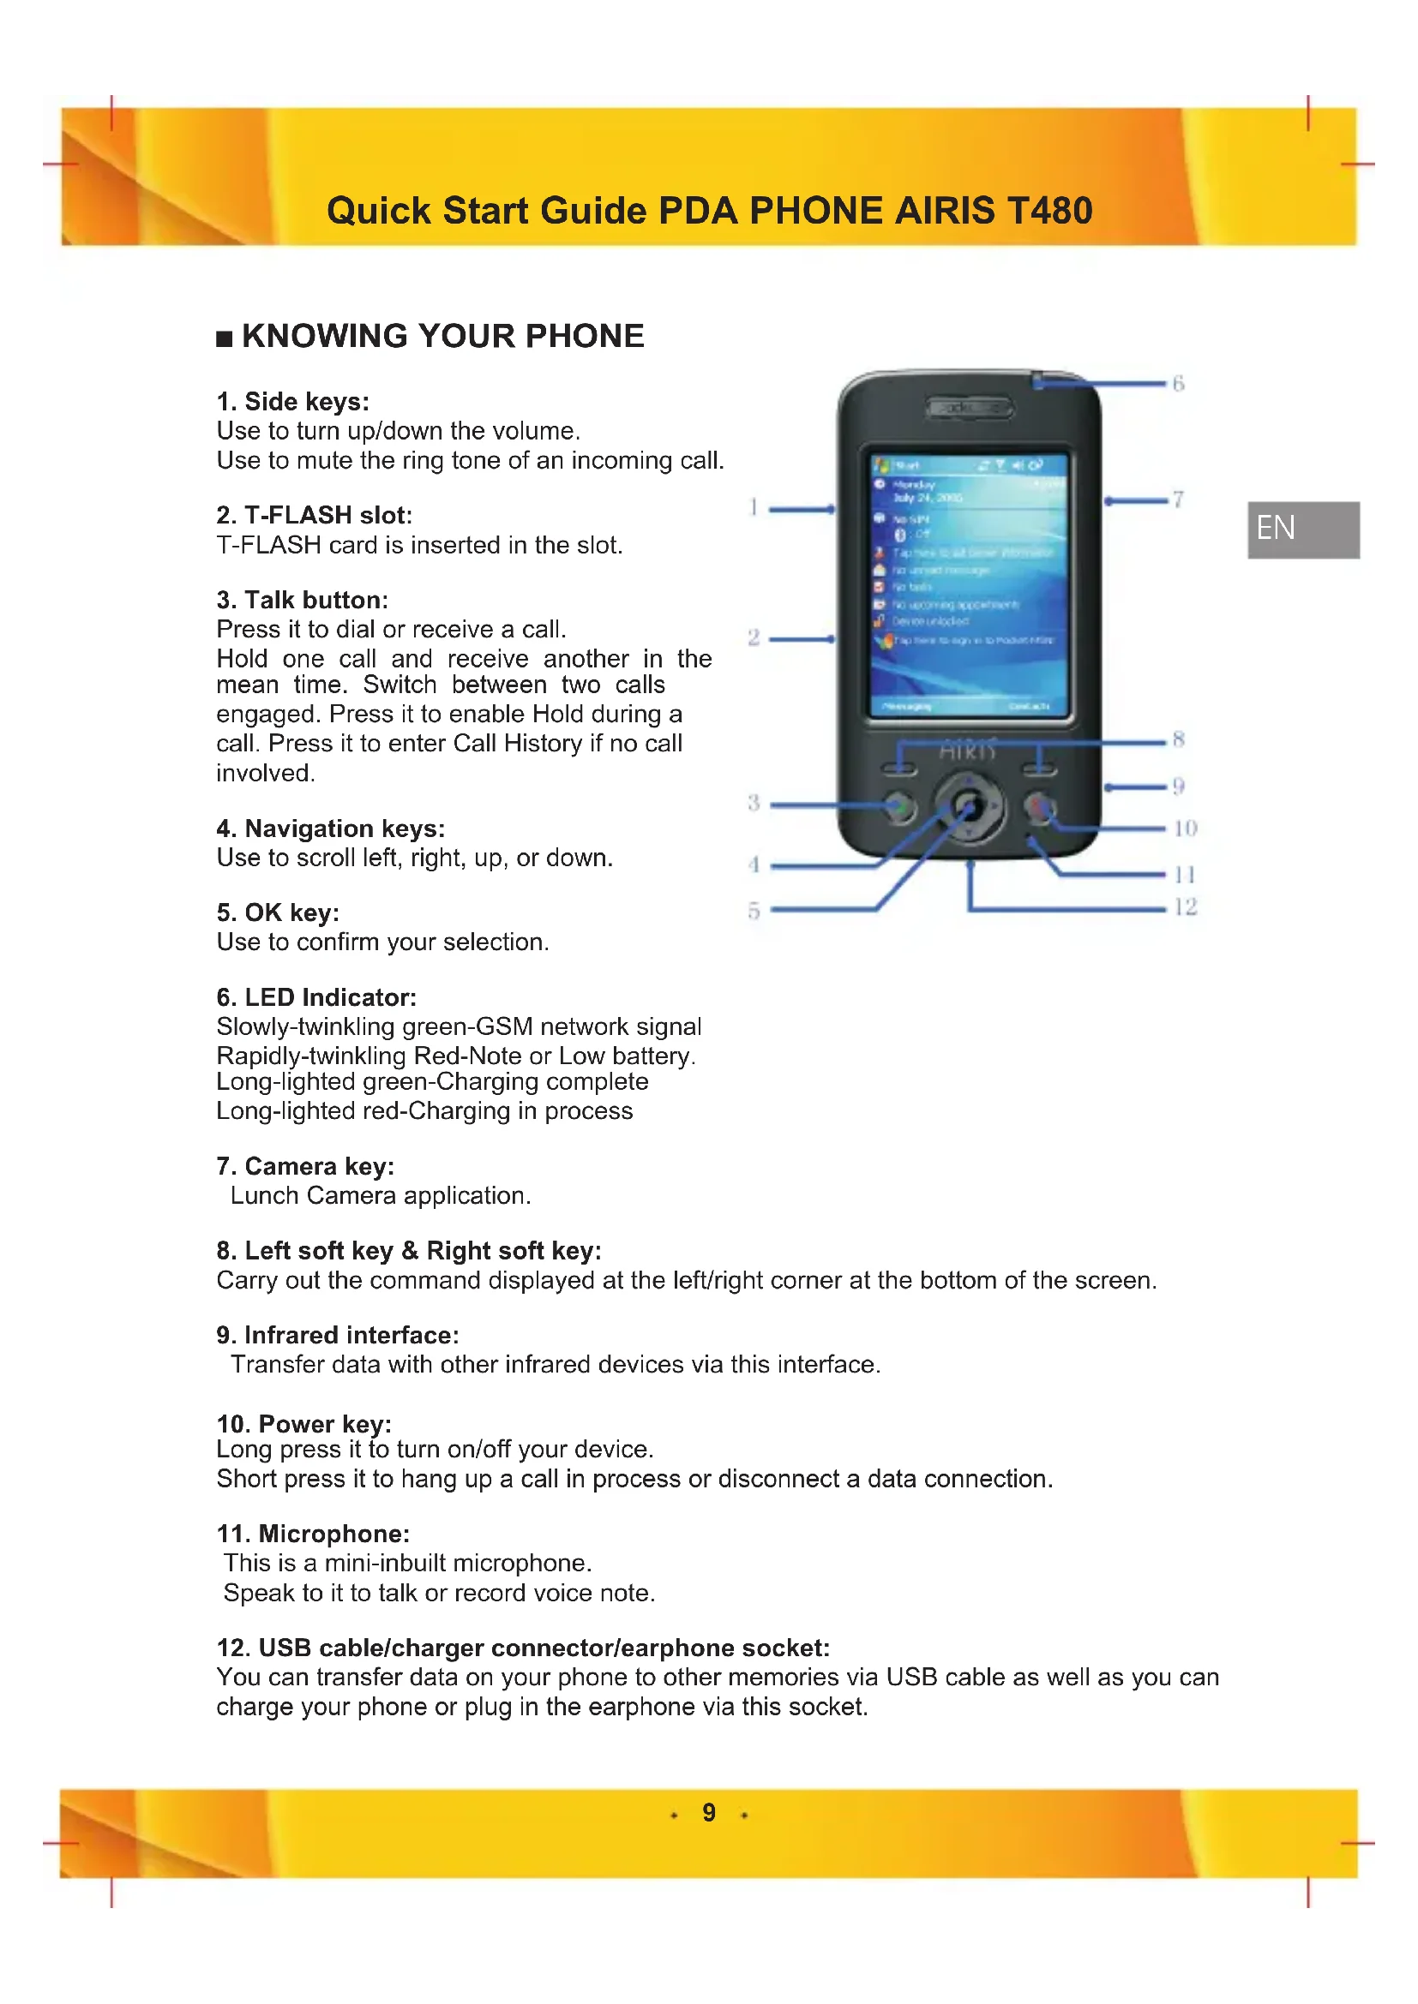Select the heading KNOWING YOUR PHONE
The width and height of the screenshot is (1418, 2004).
pyautogui.click(x=442, y=336)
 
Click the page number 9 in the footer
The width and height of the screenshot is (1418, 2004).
pyautogui.click(x=709, y=1813)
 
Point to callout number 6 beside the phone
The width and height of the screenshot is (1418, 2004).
pyautogui.click(x=1178, y=383)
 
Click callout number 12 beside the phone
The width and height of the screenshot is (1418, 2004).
pyautogui.click(x=1185, y=906)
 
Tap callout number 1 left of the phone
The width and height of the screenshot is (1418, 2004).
pyautogui.click(x=753, y=507)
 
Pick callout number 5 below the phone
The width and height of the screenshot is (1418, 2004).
pyautogui.click(x=754, y=911)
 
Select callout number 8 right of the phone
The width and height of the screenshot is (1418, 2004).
pyautogui.click(x=1179, y=739)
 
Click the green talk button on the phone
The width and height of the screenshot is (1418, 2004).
pyautogui.click(x=898, y=806)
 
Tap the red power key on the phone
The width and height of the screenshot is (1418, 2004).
pyautogui.click(x=1039, y=806)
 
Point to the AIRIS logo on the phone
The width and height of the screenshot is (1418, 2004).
pyautogui.click(x=967, y=751)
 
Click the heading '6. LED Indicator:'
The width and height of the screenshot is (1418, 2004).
pyautogui.click(x=316, y=996)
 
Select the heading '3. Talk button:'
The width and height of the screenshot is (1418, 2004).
pyautogui.click(x=302, y=600)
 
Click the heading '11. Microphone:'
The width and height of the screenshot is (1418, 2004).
pyautogui.click(x=313, y=1534)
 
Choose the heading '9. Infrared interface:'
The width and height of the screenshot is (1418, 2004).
pyautogui.click(x=337, y=1335)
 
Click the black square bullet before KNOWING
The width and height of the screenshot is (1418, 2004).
pyautogui.click(x=225, y=338)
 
